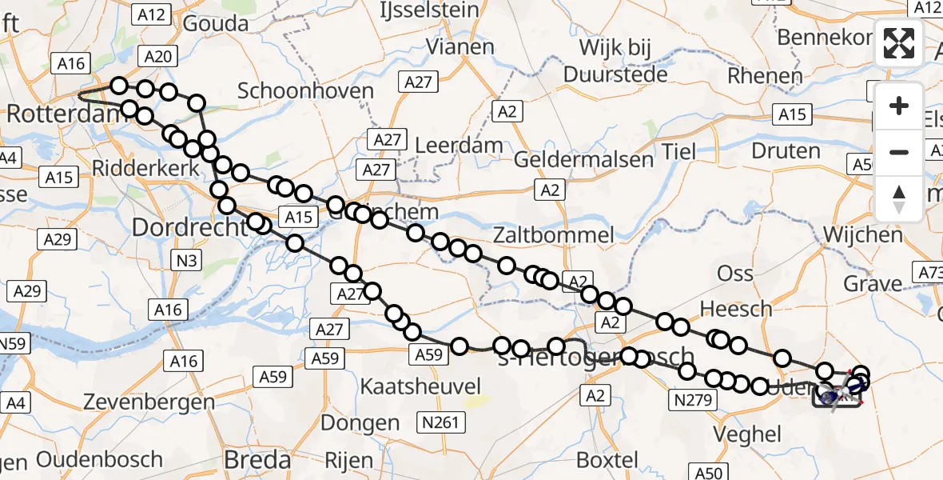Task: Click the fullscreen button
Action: click(x=899, y=43)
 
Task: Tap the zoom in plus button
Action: click(x=899, y=106)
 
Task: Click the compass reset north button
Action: click(x=899, y=199)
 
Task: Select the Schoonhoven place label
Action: click(x=306, y=90)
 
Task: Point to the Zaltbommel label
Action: click(x=554, y=235)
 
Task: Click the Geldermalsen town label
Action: click(x=583, y=159)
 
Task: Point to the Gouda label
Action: click(x=216, y=24)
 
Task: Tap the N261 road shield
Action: click(x=441, y=421)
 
